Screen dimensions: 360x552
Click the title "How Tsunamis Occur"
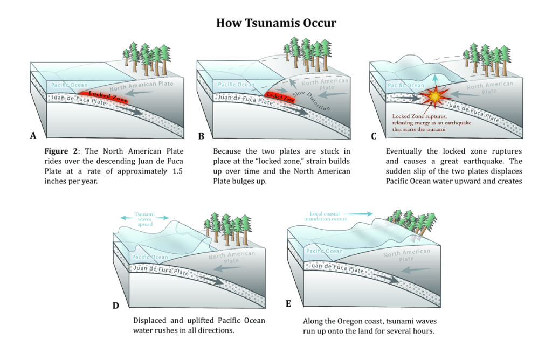(x=276, y=23)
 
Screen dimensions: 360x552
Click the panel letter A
(x=33, y=136)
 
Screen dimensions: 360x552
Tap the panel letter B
(x=201, y=136)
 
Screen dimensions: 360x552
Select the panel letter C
(x=374, y=136)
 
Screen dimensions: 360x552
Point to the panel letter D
(x=115, y=306)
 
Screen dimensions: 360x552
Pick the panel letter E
(x=288, y=304)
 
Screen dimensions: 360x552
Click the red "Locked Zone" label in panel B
(x=281, y=98)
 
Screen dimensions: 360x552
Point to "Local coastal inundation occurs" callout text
(x=325, y=216)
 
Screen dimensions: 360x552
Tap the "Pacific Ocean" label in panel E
(x=325, y=251)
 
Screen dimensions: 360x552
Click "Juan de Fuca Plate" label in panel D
(x=161, y=270)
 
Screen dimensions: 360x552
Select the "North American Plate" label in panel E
(x=406, y=254)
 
